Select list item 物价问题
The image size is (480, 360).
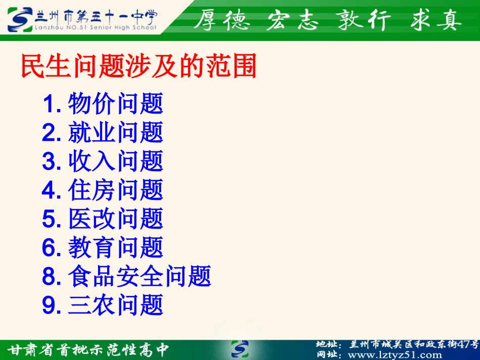116,104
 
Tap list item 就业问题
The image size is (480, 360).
116,133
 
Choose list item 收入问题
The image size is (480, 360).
116,162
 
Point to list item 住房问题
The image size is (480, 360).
116,190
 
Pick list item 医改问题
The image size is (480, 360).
116,219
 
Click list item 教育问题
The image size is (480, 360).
116,248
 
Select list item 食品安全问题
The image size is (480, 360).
139,277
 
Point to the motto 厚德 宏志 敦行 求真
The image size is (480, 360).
328,20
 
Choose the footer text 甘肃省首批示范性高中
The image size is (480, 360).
88,349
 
